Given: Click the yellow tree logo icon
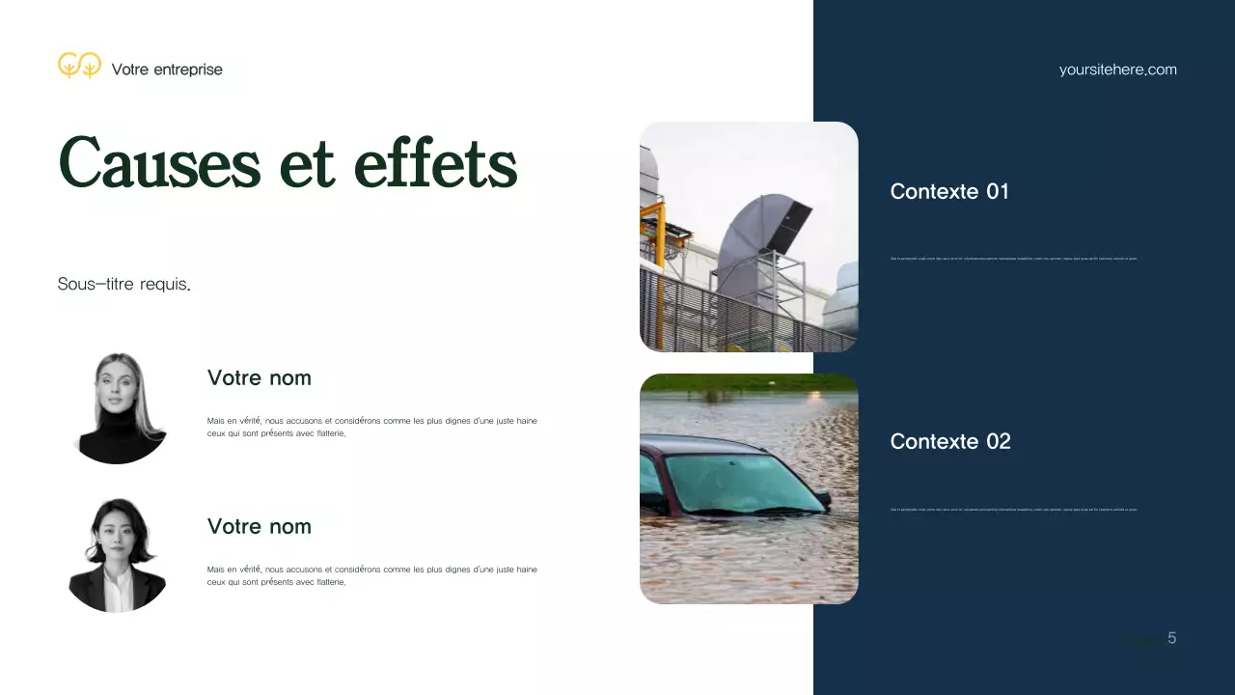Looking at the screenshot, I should tap(79, 66).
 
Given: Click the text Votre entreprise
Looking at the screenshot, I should tap(167, 69).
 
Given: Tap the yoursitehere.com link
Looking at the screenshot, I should tap(1117, 69).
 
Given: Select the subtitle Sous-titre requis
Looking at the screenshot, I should tap(123, 284).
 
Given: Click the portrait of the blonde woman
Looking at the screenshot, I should tap(120, 407).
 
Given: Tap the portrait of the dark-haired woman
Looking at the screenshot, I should tap(118, 555).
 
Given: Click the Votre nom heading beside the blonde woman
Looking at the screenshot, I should tap(259, 377).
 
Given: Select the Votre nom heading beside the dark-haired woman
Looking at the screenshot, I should tap(259, 526).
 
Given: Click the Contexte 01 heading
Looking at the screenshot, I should tap(949, 191).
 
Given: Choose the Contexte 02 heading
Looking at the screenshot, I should tap(950, 441).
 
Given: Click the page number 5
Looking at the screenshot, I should tap(1171, 638).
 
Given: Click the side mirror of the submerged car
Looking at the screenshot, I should tap(821, 499).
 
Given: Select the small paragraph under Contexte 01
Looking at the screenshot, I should tap(1013, 259).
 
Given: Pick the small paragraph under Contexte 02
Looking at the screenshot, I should tap(1013, 510).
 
